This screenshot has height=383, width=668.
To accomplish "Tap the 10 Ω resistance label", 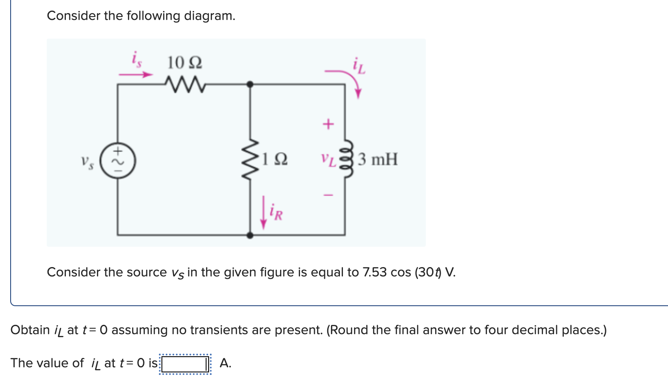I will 184,63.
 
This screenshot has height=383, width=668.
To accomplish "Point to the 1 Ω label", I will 275,159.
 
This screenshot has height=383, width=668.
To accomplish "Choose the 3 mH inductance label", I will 377,159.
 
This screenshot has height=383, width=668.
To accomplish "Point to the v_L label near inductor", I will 328,159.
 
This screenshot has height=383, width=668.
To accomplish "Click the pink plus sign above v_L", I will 328,124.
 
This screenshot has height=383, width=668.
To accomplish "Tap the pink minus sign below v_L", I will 328,195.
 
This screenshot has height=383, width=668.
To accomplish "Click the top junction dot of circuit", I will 250,84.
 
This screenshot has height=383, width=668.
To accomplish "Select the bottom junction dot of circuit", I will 250,235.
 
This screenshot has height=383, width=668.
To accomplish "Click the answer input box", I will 184,364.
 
